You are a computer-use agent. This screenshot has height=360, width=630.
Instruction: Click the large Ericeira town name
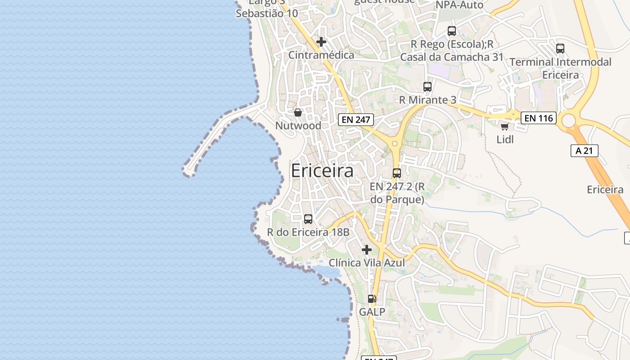[x=322, y=171]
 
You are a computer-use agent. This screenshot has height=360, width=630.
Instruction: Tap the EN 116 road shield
[x=539, y=118]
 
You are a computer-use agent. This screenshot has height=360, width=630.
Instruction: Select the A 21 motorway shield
[x=584, y=151]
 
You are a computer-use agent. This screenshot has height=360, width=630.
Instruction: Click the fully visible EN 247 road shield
[x=355, y=120]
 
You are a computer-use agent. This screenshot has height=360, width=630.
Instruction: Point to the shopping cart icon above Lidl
[x=504, y=127]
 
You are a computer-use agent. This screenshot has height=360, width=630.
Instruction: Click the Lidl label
[x=505, y=139]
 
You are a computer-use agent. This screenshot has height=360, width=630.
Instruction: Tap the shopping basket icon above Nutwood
[x=298, y=112]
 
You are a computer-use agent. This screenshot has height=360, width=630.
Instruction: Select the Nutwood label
[x=298, y=126]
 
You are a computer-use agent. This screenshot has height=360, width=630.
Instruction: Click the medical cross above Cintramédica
[x=321, y=42]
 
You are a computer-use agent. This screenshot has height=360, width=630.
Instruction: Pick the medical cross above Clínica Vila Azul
[x=367, y=249]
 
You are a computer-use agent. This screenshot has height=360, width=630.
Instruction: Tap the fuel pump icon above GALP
[x=372, y=298]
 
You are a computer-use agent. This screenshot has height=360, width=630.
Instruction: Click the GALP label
[x=372, y=311]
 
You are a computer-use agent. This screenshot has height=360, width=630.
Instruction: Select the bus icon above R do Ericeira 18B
[x=308, y=219]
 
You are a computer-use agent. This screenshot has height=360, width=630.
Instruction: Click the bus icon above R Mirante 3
[x=427, y=87]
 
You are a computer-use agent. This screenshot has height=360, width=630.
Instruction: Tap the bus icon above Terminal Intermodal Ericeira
[x=560, y=49]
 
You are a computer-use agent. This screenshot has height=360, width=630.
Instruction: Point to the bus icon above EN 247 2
[x=397, y=173]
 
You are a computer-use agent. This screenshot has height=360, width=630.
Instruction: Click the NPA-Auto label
[x=459, y=5]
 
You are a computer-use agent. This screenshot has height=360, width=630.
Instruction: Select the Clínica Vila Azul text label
[x=367, y=263]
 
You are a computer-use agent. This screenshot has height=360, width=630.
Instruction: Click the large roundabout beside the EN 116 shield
[x=569, y=120]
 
